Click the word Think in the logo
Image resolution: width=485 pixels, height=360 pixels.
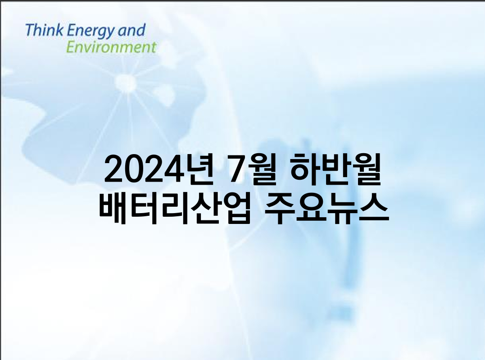click(x=45, y=30)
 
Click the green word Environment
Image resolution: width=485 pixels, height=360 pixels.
click(x=111, y=47)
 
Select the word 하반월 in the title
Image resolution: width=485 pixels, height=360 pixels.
click(x=335, y=169)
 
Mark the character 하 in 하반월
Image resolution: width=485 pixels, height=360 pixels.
click(x=304, y=169)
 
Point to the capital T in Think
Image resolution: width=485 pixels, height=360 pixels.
click(x=30, y=30)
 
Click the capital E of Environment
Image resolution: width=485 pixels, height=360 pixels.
click(x=71, y=47)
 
